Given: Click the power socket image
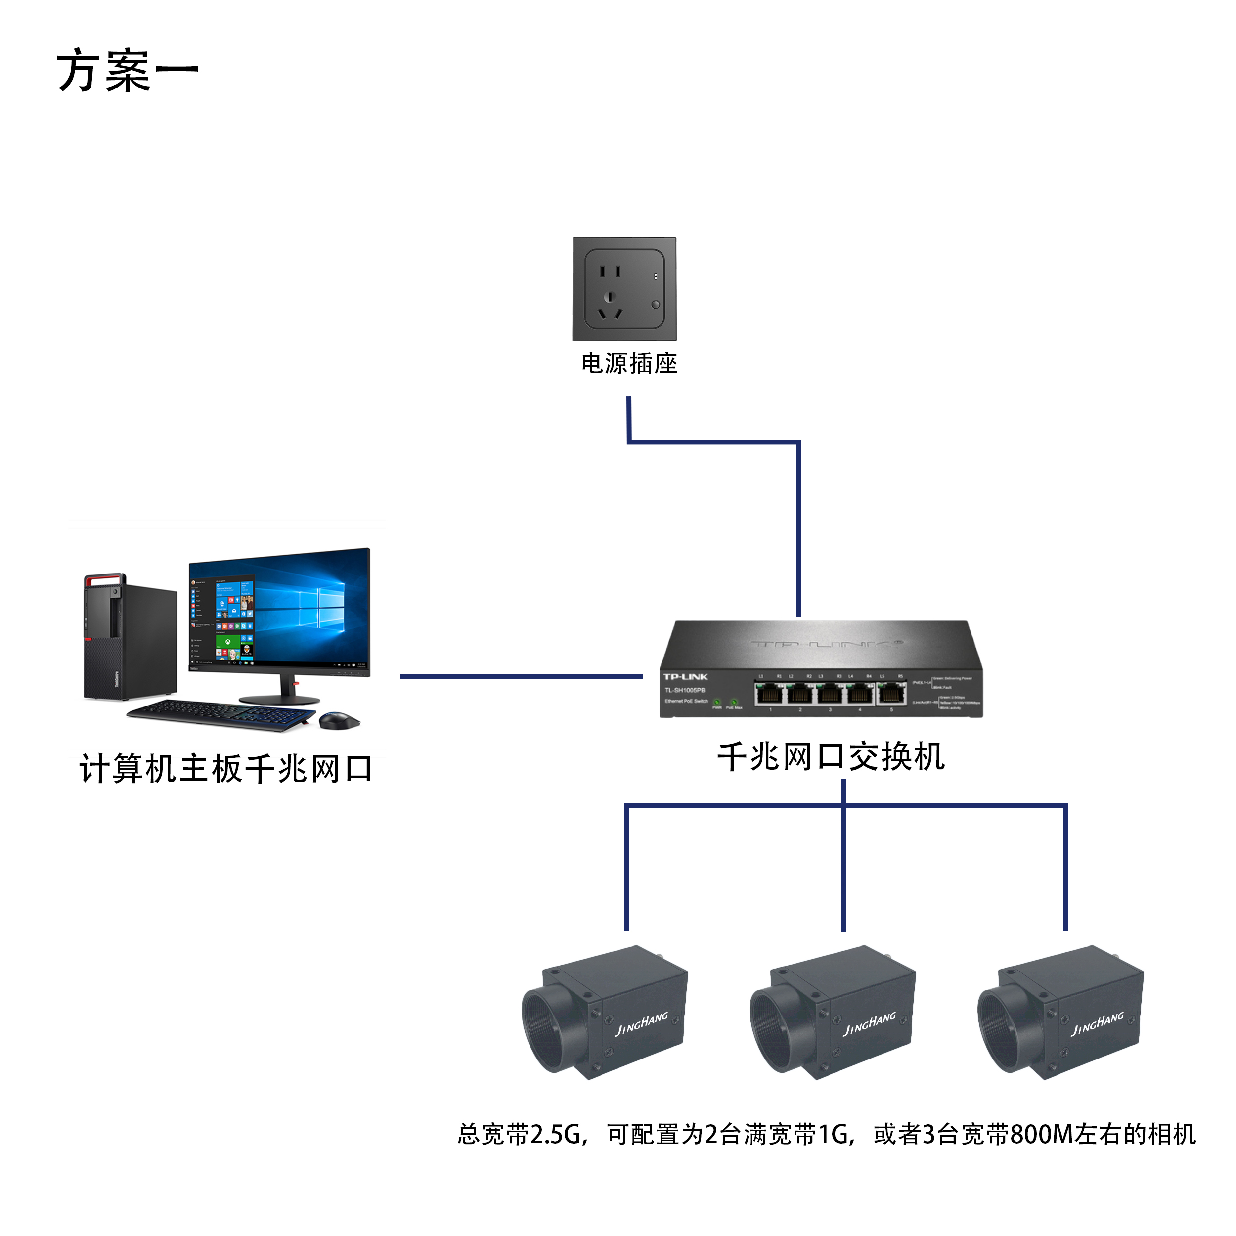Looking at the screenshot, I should tap(624, 289).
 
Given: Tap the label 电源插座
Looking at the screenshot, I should tap(628, 363).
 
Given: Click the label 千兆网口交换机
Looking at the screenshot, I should tap(831, 757).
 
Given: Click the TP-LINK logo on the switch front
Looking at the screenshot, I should tap(685, 677).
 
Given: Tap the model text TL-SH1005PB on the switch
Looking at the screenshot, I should tap(685, 690).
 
